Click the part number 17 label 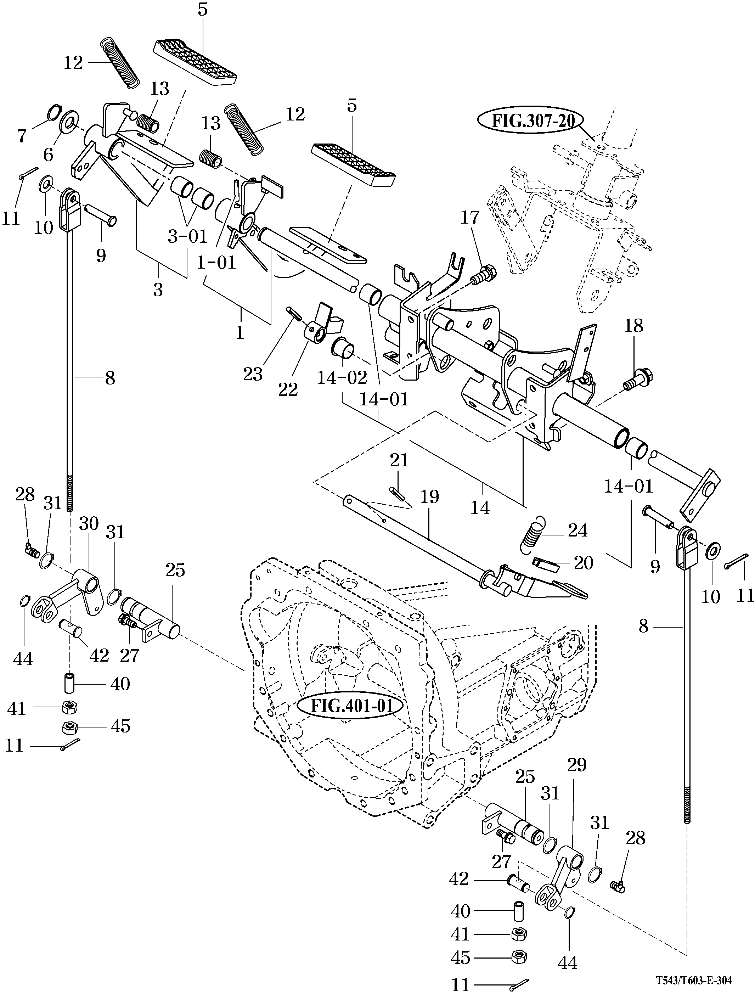tap(470, 218)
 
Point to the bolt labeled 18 tap(639, 378)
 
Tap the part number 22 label tap(288, 389)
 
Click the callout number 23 tap(253, 374)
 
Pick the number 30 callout tap(89, 524)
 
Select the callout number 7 tap(22, 135)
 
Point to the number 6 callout tap(48, 155)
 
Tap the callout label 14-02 tap(342, 378)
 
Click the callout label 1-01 tap(216, 262)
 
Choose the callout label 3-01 tap(187, 237)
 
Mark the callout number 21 tap(399, 460)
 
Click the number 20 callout tap(583, 563)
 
